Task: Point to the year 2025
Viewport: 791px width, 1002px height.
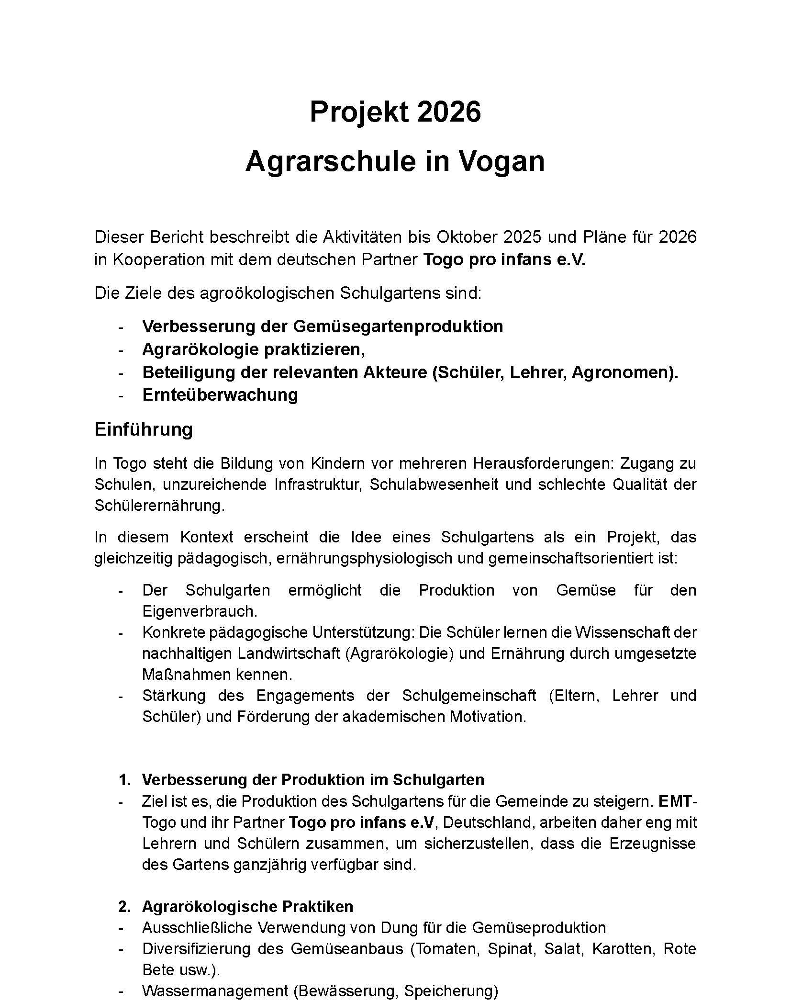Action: (523, 237)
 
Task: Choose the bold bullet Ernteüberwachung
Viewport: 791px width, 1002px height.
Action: (220, 395)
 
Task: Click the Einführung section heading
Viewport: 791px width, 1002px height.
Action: (144, 429)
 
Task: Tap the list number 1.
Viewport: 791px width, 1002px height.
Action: (124, 780)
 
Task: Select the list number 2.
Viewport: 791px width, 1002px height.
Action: (124, 906)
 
